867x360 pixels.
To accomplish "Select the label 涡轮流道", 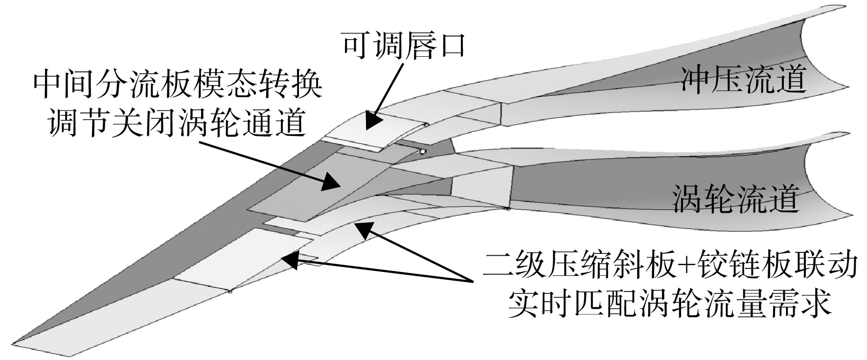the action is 735,198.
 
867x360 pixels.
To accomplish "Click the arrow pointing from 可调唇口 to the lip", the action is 385,96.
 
